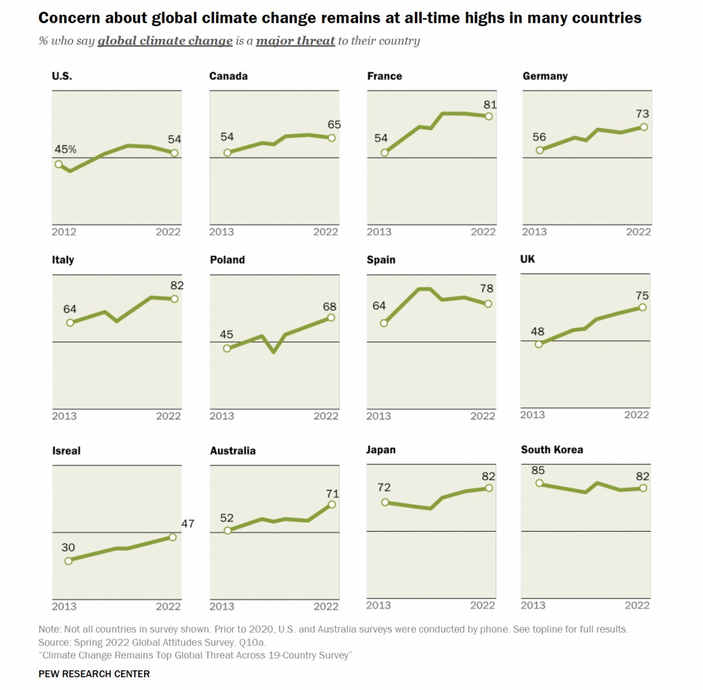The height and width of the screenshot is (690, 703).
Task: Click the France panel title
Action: (384, 76)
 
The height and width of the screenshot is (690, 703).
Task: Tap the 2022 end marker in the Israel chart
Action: (173, 537)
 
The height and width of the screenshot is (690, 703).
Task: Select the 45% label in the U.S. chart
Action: (66, 149)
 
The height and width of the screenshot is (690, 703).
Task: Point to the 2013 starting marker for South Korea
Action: (539, 483)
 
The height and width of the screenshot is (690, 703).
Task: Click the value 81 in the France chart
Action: (490, 105)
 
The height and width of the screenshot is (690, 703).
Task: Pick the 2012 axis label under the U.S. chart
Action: (64, 232)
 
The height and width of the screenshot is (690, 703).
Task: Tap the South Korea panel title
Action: (552, 450)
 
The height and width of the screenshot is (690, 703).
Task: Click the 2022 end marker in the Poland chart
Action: (331, 317)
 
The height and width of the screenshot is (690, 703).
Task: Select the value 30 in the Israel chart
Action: (68, 548)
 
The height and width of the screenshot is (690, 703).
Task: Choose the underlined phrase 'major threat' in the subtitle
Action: (295, 41)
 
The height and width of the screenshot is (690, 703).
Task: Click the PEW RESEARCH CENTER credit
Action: (94, 674)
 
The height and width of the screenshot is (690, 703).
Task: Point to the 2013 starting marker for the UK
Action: (539, 344)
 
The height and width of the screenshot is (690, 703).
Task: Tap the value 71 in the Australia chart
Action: (332, 494)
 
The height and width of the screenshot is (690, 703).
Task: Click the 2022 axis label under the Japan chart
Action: (483, 606)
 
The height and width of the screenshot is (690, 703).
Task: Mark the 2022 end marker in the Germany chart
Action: (644, 127)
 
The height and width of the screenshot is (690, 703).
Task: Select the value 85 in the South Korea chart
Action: (538, 470)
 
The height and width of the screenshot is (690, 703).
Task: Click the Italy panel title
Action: (63, 260)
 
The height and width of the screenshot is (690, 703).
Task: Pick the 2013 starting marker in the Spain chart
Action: (384, 323)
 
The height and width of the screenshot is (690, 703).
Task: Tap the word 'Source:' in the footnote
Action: (54, 643)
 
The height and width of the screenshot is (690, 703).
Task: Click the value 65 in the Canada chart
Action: (334, 124)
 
